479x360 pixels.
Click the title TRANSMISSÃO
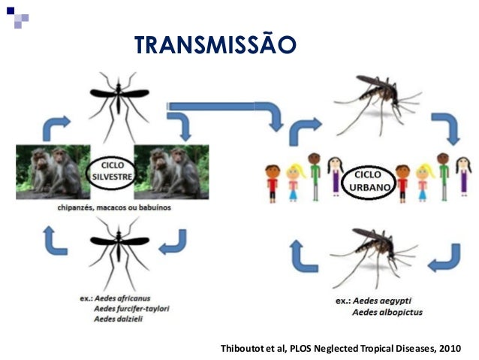215,44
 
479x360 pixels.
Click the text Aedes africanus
122,298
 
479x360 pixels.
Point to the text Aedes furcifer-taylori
131,309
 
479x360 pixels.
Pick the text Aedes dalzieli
118,319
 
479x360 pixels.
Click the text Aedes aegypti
382,301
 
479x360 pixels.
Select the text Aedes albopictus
387,313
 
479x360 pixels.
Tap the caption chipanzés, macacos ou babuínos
114,207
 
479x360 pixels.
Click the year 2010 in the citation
450,349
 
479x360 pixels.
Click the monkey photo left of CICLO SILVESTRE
53,172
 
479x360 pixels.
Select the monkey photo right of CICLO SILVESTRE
171,172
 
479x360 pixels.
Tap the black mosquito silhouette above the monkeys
119,105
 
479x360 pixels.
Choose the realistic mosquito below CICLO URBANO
374,258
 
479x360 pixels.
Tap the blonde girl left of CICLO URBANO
295,182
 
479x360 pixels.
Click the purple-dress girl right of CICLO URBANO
464,177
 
